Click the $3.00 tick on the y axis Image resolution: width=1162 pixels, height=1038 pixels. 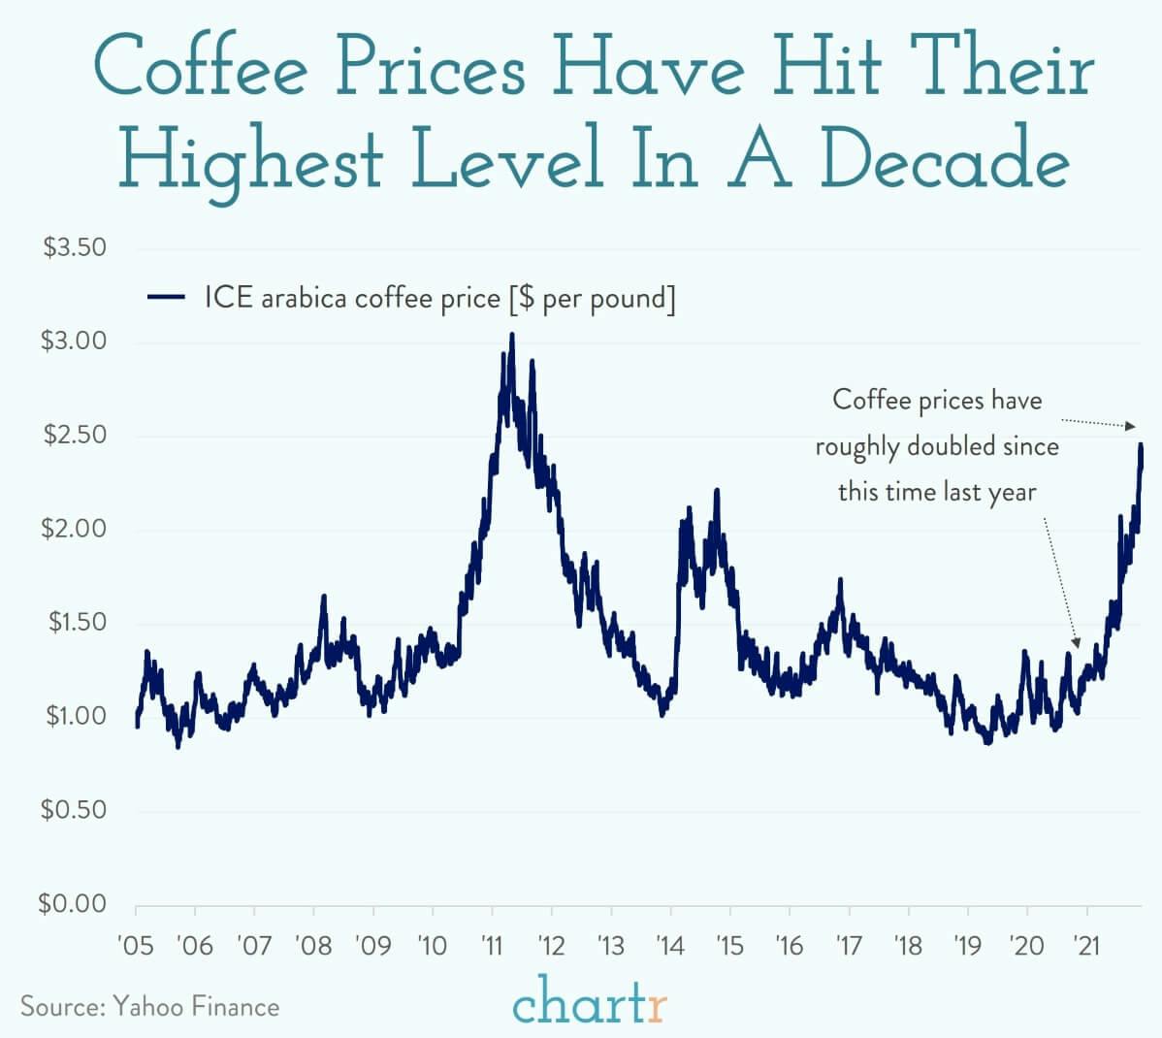74,341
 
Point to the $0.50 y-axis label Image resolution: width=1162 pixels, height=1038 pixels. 74,810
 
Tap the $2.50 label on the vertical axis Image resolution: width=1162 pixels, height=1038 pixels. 74,435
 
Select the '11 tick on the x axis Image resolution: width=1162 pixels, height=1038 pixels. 492,944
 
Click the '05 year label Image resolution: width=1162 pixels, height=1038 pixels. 135,944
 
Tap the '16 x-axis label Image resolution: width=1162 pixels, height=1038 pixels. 790,944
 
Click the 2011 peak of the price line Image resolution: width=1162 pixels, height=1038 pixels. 512,335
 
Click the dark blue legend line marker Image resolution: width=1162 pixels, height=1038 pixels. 166,298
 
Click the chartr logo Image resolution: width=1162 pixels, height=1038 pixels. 589,1004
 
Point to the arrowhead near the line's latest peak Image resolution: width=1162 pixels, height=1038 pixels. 1130,426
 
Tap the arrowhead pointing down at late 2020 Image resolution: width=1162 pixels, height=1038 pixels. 1076,642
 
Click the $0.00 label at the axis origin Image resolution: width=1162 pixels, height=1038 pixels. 72,904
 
